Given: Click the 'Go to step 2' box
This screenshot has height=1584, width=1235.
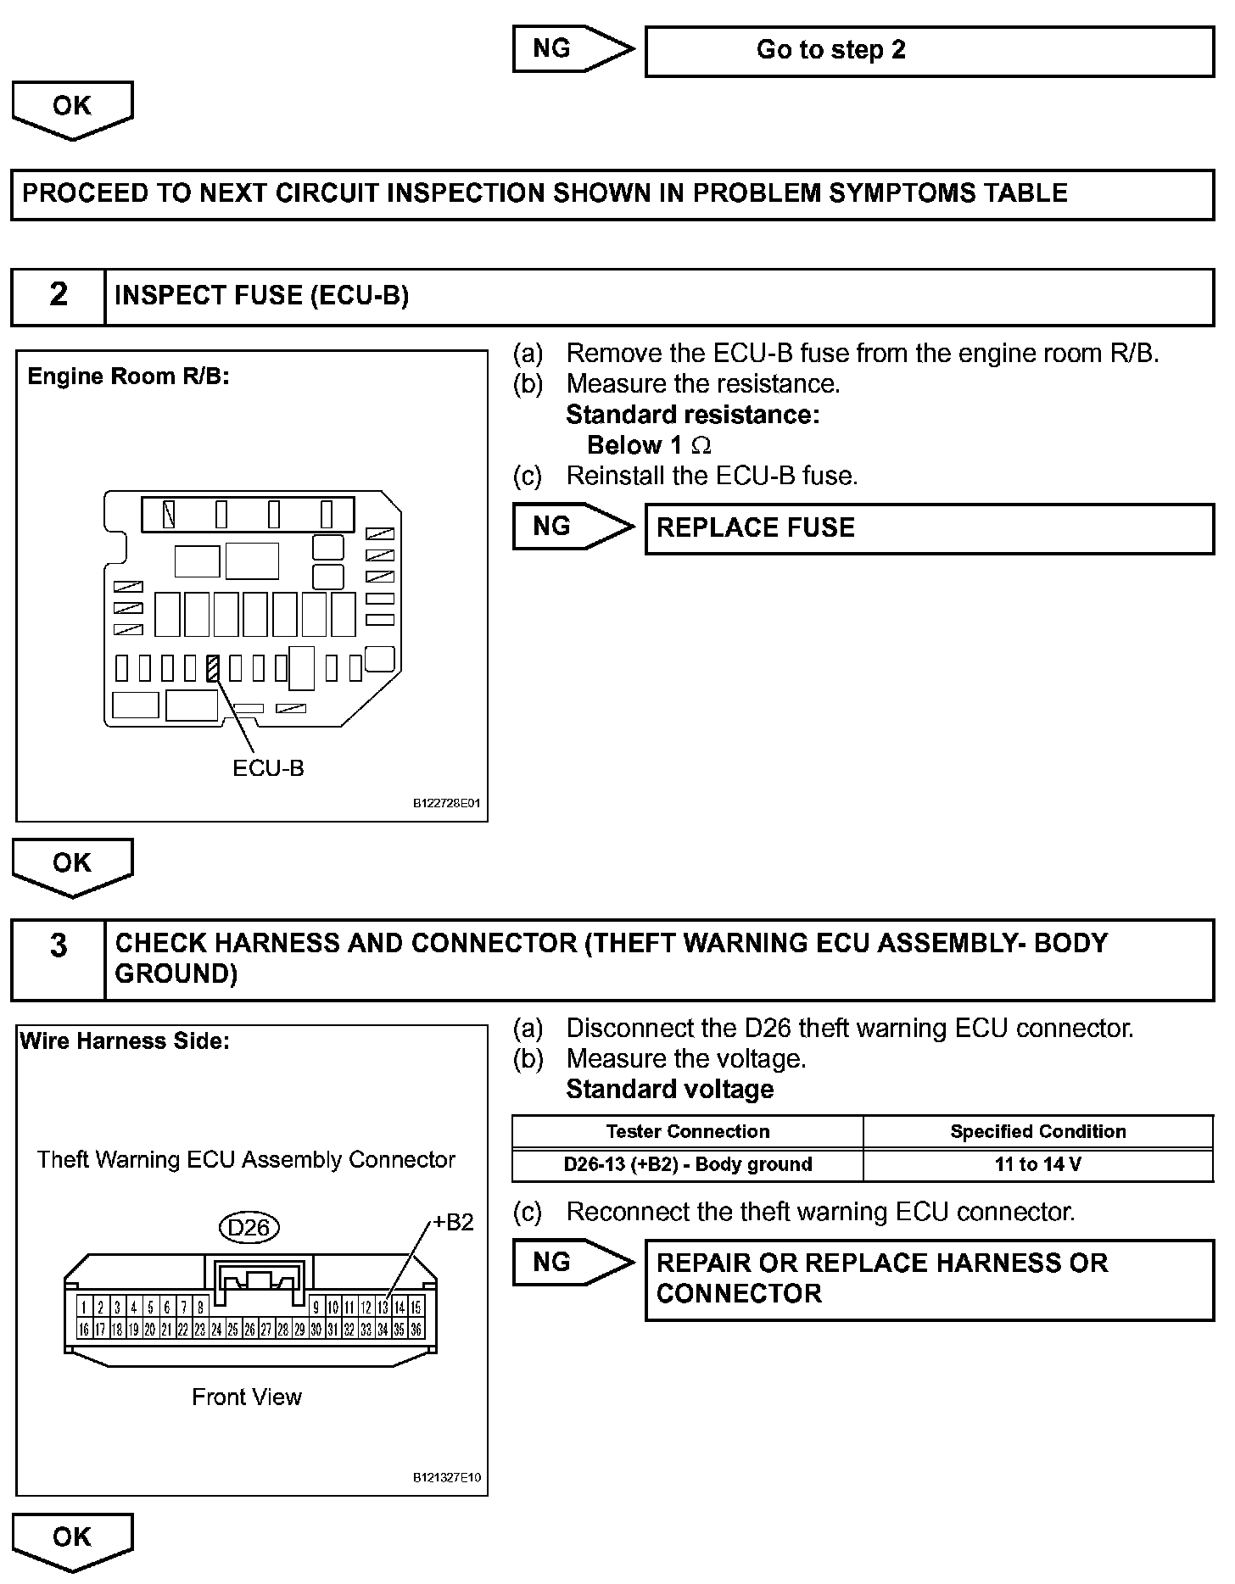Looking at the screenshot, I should pos(930,51).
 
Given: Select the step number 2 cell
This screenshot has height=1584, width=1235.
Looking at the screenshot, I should pos(58,296).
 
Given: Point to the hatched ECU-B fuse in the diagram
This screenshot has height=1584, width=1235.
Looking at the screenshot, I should pos(213,668).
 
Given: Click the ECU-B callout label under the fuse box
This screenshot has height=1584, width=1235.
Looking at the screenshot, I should pos(268,768).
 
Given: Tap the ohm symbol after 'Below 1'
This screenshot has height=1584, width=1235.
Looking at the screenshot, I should pos(701,445).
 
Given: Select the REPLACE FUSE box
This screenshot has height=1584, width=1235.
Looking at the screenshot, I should pos(930,528).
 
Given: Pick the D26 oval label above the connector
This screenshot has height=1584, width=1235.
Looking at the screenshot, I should pos(249,1227).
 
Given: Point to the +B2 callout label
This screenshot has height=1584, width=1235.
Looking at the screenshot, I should pos(453,1222).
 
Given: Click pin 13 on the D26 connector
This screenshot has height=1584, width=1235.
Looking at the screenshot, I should pos(383,1308).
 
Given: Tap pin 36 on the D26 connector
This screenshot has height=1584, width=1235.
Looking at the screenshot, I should pos(416,1330).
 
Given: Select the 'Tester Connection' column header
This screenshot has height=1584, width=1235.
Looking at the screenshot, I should pos(688,1131).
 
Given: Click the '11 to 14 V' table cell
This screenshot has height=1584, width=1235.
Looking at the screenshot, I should pos(1038,1164).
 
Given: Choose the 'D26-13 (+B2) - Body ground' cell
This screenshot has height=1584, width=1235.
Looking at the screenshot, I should pos(688,1164).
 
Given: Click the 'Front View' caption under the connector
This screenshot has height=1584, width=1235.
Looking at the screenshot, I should pos(246,1397).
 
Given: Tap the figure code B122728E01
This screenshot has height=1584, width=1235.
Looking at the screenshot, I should pos(446,803).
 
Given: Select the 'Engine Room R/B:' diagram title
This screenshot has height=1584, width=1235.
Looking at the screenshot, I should pos(128,376).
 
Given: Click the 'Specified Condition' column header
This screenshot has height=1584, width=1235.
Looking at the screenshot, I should pos(1038,1131).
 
